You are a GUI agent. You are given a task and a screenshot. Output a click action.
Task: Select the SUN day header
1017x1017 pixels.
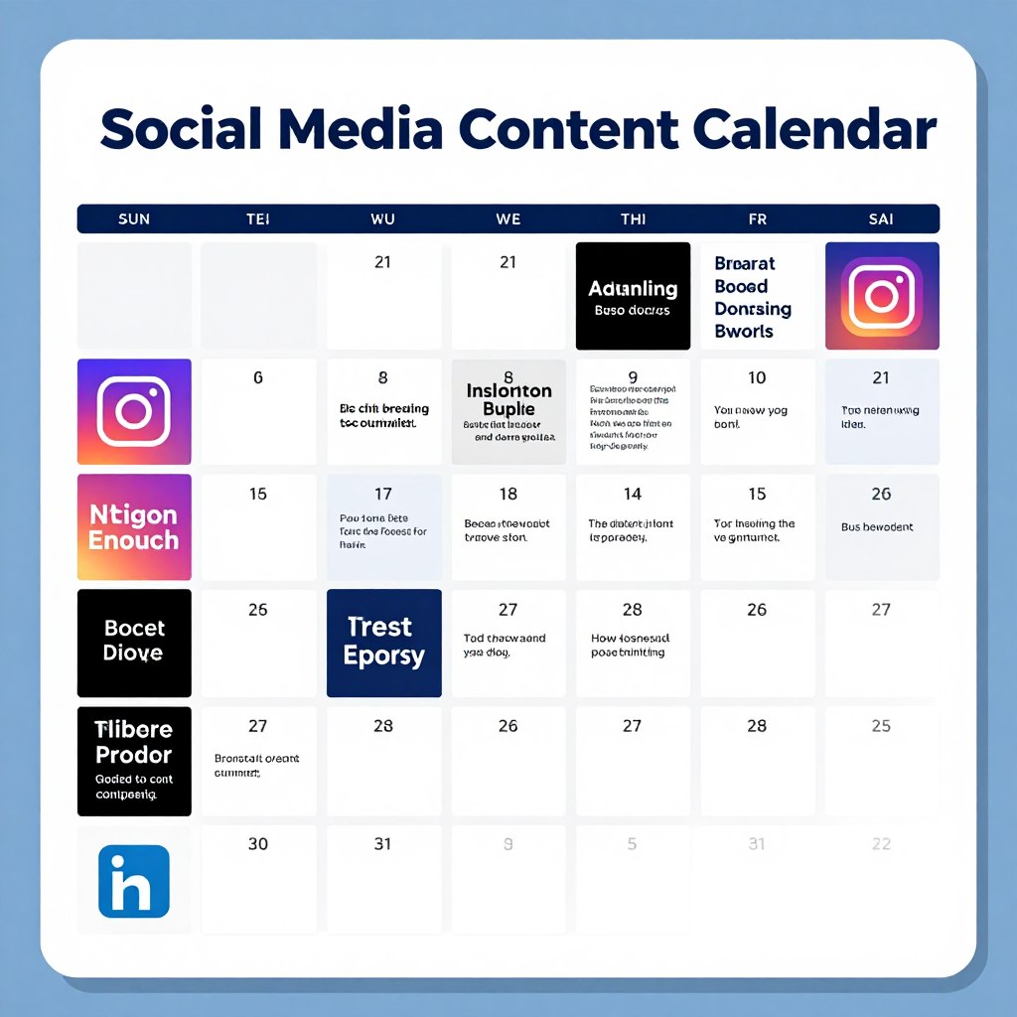point(134,218)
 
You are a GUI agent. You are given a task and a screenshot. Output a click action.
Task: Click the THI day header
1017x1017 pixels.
point(633,218)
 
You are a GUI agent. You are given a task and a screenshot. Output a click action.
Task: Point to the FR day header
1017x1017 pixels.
point(757,218)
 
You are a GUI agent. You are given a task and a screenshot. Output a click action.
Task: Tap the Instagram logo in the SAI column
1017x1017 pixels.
point(882,296)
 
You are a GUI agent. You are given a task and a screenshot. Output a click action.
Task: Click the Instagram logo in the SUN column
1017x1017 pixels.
point(134,412)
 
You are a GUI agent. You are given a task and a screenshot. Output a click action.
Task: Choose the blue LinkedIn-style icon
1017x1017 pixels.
point(134,881)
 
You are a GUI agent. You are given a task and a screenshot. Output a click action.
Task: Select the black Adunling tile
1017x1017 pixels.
point(633,296)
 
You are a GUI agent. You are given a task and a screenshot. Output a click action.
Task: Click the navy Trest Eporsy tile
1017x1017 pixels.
point(384,643)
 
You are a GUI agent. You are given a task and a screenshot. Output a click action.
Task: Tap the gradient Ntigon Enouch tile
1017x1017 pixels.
point(134,527)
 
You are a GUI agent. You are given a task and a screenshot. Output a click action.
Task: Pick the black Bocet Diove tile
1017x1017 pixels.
point(134,643)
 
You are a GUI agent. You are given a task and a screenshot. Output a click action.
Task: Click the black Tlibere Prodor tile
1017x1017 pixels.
point(134,761)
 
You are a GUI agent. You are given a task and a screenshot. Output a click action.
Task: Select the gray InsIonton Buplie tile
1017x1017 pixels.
point(508,412)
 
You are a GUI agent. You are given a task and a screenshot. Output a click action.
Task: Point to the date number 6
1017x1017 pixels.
point(258,378)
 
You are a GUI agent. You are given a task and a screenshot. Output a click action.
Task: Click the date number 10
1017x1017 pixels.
point(757,378)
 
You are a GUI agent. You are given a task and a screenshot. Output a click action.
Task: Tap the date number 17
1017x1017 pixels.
point(383,495)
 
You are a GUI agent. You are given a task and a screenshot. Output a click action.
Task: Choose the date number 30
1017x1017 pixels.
point(258,844)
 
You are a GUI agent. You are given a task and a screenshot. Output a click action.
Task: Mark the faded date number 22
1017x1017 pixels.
point(881,844)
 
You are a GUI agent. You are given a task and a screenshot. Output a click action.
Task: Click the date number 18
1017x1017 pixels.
point(508,495)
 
